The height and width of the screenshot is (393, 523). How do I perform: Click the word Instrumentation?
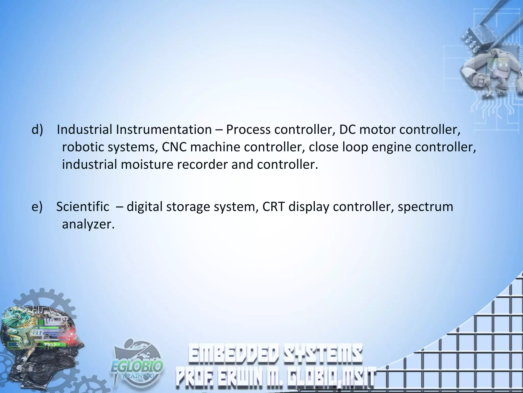[164, 130]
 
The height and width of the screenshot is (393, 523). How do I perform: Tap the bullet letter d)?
[37, 130]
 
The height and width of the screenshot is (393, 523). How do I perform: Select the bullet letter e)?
[37, 207]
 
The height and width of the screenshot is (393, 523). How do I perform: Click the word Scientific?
[83, 207]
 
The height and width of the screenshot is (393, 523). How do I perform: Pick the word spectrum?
[425, 207]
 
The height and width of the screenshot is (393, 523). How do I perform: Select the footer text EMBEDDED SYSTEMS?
[275, 354]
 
